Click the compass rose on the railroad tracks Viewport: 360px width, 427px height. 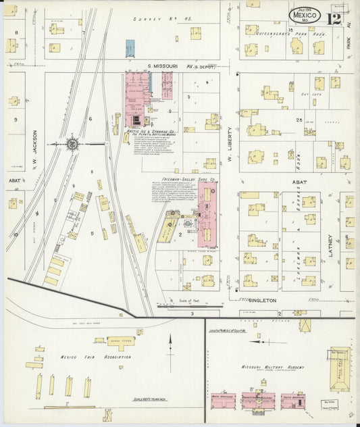point(73,143)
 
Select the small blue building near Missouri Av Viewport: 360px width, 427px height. point(130,48)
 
